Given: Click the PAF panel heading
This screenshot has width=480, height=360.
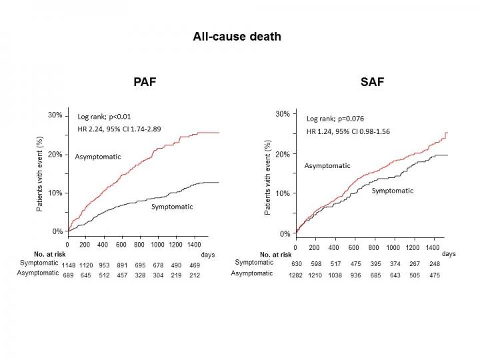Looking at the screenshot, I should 144,83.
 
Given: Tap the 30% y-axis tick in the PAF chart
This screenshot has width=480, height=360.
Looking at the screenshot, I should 55,115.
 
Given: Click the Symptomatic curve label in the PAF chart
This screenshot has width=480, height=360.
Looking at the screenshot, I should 172,207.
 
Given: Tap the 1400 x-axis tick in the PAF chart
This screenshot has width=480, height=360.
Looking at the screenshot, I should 194,245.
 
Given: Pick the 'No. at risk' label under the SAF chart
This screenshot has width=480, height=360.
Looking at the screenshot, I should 275,254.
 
